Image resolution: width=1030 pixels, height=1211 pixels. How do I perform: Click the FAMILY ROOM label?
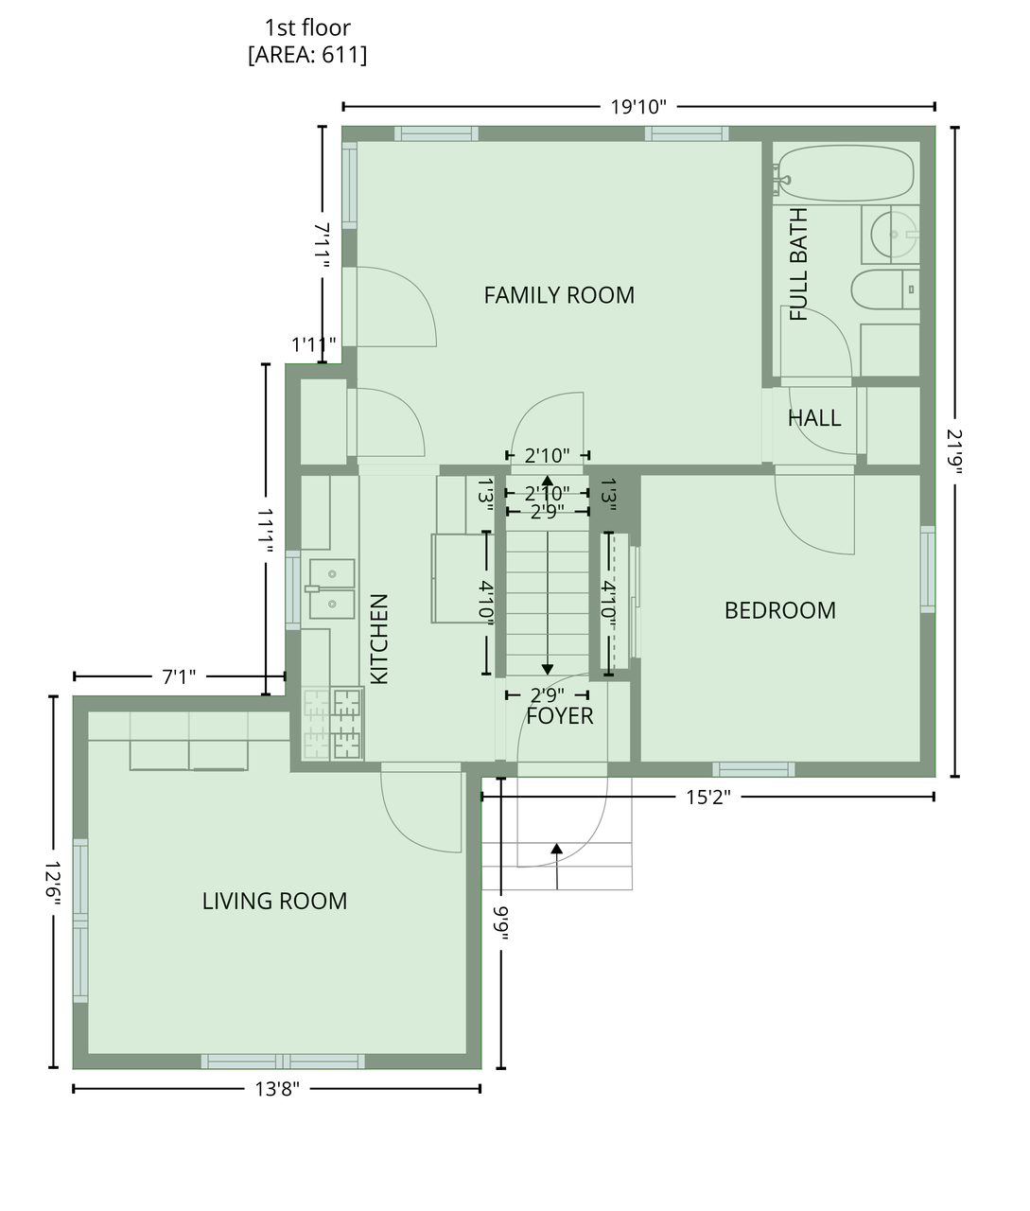coord(559,295)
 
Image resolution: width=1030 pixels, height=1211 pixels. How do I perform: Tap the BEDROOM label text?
coord(780,610)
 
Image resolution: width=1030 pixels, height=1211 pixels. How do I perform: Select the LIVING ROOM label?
coord(274,901)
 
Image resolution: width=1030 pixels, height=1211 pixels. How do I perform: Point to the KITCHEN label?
coord(379,639)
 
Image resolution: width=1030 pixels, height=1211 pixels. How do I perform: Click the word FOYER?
coord(560,716)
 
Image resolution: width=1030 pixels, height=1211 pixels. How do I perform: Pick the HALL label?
coord(814,418)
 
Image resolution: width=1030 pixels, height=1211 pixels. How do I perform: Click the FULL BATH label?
coord(798,264)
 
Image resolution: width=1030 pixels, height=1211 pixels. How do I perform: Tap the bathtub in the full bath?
coord(844,173)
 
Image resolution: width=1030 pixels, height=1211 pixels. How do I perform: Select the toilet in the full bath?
coord(884,290)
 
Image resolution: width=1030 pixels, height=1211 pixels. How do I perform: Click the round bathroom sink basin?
coord(894,235)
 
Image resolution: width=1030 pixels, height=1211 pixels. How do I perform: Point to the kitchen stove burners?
coord(333,724)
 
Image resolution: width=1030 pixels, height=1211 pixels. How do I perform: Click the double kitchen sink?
coord(332,588)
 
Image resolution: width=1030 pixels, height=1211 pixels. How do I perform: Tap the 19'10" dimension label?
coord(638,107)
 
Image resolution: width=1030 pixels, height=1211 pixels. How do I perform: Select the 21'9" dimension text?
coord(954,451)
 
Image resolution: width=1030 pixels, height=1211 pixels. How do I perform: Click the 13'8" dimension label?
coord(277,1089)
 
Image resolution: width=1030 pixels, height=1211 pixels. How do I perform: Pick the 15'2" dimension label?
coord(708,798)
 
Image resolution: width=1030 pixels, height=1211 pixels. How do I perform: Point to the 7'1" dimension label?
coord(179,677)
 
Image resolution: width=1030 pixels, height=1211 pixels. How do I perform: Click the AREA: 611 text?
coord(307,55)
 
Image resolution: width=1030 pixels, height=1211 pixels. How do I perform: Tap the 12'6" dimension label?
coord(53,883)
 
